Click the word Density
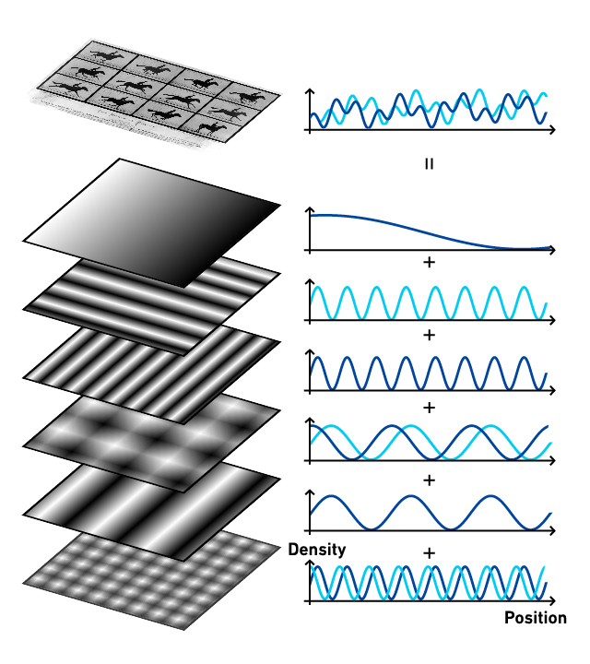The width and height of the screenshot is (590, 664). pos(317,550)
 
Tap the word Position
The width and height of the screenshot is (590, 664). pos(536,618)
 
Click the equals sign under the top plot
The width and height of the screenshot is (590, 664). pos(430,164)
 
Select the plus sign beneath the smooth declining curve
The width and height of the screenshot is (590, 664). pos(430,263)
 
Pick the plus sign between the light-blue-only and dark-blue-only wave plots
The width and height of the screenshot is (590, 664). pos(430,335)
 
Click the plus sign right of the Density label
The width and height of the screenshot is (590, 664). pos(430,553)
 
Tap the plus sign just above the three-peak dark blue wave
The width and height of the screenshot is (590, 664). pos(430,480)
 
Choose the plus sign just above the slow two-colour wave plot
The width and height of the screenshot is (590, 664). pos(430,408)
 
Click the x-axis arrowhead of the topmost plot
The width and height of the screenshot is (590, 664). pos(552,130)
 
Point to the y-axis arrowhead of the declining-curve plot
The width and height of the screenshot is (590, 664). pos(311,210)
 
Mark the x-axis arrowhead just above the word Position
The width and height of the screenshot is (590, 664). pos(552,600)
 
